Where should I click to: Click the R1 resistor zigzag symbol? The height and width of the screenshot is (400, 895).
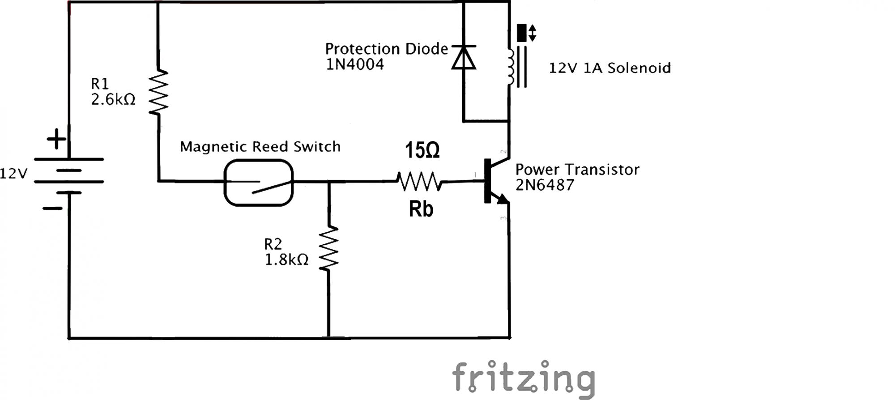pos(158,92)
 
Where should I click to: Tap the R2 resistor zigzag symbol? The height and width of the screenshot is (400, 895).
pos(329,248)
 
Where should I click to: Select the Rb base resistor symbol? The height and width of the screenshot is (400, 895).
pos(419,182)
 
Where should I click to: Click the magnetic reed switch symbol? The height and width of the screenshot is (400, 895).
pos(259,183)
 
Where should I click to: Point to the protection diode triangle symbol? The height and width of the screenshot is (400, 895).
pos(464,58)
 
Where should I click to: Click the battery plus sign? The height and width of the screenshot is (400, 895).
pos(56,139)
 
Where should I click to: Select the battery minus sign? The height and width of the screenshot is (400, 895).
pos(53,208)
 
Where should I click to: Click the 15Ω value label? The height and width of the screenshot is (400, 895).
pos(422,150)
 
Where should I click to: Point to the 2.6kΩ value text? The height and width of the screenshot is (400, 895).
pos(113,99)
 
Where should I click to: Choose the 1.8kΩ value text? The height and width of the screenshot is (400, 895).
pos(287,260)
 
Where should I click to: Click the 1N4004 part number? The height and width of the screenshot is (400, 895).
pos(355,64)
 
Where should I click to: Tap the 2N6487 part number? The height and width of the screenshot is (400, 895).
pos(545,185)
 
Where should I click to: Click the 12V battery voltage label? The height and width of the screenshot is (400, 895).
pos(13,174)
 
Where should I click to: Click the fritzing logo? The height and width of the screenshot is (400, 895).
pos(524,379)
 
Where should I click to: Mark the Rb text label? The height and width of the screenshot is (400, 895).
pos(421,209)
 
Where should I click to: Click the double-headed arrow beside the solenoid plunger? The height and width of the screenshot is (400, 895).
pos(533,33)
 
